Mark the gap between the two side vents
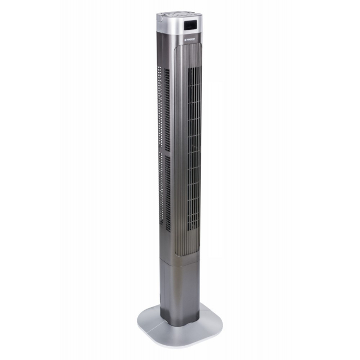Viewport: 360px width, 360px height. (x=167, y=153)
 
